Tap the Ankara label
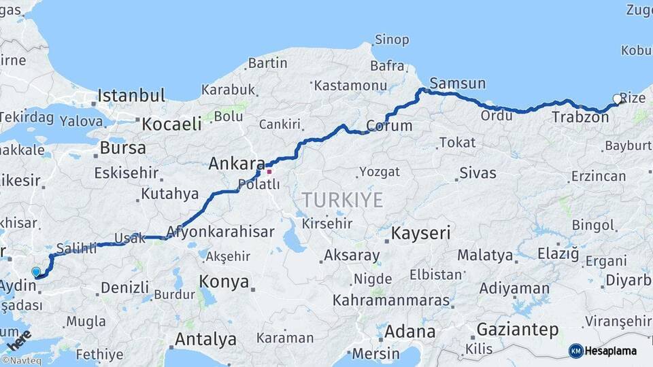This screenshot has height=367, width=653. (x=237, y=164)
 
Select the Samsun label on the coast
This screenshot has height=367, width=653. (x=458, y=84)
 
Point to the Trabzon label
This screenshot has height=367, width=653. (x=580, y=117)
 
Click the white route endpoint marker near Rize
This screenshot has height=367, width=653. (x=618, y=99)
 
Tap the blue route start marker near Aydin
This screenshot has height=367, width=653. (x=36, y=272)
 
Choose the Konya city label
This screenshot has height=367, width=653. (x=224, y=282)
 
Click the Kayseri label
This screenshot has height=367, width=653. (x=421, y=234)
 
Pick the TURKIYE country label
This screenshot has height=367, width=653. (x=342, y=200)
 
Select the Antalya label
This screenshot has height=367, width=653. (x=205, y=339)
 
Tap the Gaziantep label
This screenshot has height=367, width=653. (x=518, y=330)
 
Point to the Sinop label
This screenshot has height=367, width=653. (x=392, y=39)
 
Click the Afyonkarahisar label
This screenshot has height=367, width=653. (x=220, y=232)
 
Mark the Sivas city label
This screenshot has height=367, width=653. (x=478, y=173)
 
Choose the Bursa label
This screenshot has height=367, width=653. (x=122, y=147)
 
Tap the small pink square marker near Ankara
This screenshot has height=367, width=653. (x=269, y=171)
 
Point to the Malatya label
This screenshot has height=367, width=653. (x=484, y=256)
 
